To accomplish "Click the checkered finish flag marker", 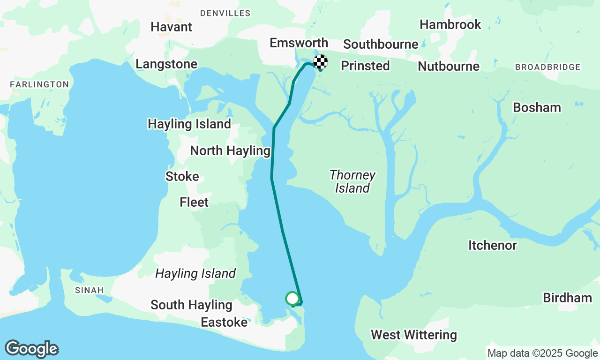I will [x=321, y=61].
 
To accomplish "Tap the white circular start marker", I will [x=292, y=298].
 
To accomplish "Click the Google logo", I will [x=31, y=349].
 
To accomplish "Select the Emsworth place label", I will [x=299, y=43].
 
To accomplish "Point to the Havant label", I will [x=171, y=27].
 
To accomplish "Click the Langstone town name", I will [x=166, y=64].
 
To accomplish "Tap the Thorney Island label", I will [x=352, y=181].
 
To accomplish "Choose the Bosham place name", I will [x=537, y=107].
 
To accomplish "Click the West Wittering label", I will [x=413, y=335].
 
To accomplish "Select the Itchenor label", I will [x=492, y=245].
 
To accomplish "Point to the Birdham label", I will [x=567, y=298].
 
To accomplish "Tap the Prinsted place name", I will [x=365, y=66].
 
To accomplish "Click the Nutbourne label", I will [x=448, y=66].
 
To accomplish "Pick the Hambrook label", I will [x=450, y=24].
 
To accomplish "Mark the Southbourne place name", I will [x=381, y=44].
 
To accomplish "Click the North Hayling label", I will [x=230, y=151].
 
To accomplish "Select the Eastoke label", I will [x=224, y=322].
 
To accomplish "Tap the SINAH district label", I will [x=89, y=291].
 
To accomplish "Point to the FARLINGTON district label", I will [x=39, y=84].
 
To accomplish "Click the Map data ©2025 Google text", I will [x=542, y=353].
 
